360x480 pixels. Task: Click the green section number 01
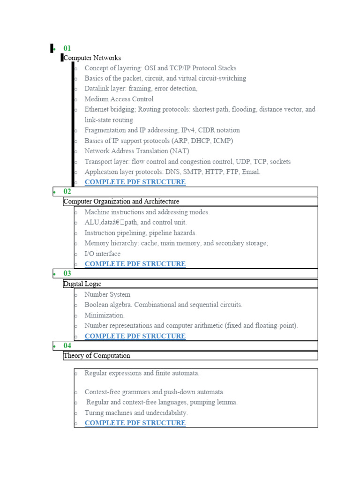click(x=67, y=48)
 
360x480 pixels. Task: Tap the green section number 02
click(x=67, y=191)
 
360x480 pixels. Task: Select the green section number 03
click(x=67, y=273)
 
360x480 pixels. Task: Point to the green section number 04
click(x=67, y=345)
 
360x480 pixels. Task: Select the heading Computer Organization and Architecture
click(x=121, y=202)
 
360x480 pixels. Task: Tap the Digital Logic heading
click(x=82, y=284)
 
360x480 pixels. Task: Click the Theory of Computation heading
click(x=97, y=356)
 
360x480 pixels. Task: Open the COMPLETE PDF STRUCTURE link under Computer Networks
click(x=135, y=182)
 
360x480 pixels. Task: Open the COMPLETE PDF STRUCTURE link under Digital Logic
click(x=135, y=336)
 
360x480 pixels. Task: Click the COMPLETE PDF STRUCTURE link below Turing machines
click(x=135, y=423)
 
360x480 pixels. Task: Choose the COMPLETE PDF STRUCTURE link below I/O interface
click(x=135, y=264)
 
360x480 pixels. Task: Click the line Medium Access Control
click(x=119, y=99)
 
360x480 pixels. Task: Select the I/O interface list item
click(x=102, y=254)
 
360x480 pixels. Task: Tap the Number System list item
click(x=107, y=294)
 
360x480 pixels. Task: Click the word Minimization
click(x=105, y=315)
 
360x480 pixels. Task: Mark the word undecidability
click(x=164, y=413)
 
